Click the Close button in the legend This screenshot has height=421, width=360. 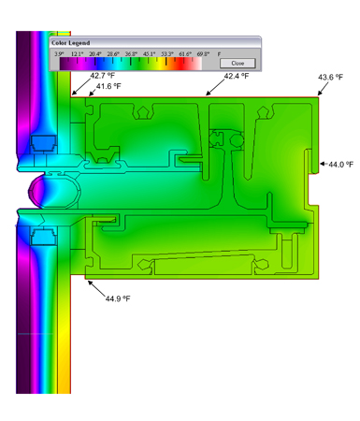click(x=237, y=63)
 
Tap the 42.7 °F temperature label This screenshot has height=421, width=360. click(x=104, y=75)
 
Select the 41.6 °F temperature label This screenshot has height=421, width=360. click(x=110, y=86)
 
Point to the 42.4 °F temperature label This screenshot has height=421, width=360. click(x=238, y=77)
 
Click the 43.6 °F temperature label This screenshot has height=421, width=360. click(x=334, y=78)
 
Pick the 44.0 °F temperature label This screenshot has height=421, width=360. click(x=341, y=164)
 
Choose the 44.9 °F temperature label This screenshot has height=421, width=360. click(x=118, y=298)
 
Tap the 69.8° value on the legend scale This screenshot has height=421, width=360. click(x=207, y=54)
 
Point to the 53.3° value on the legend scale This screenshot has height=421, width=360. click(x=169, y=54)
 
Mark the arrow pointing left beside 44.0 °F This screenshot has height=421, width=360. click(x=324, y=164)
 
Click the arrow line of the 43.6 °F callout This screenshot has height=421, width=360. click(x=323, y=88)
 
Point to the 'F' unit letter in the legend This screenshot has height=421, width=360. click(x=220, y=54)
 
